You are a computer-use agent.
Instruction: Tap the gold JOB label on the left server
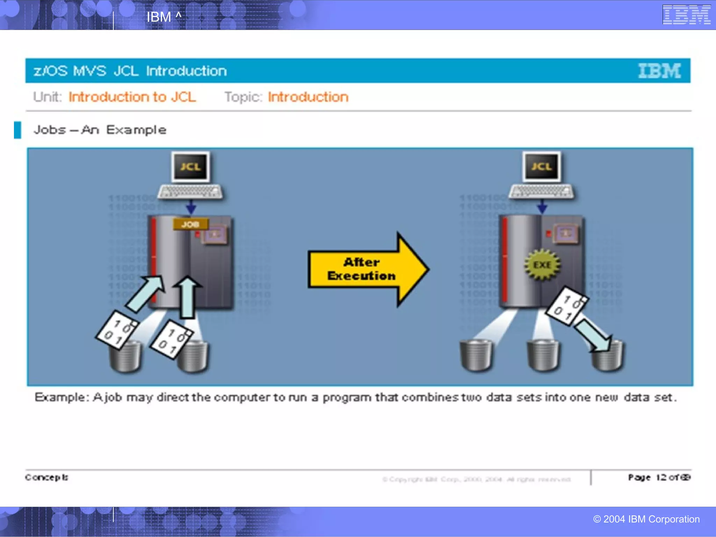pos(191,224)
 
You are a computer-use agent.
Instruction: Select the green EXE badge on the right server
pos(542,265)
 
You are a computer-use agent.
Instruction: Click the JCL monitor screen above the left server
pos(191,167)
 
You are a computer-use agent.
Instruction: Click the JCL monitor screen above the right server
pos(542,167)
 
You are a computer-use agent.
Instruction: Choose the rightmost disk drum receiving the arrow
pos(608,357)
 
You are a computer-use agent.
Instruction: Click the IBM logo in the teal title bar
pos(659,71)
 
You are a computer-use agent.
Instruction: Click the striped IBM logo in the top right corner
pos(686,15)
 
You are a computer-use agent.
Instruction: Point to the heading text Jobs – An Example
pos(100,130)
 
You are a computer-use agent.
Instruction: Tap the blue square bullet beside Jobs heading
pos(17,130)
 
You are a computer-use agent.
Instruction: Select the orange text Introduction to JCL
pos(132,97)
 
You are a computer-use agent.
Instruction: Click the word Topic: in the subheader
pos(243,97)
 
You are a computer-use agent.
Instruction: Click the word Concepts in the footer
pos(46,477)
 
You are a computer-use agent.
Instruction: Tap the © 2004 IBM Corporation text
pos(646,519)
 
